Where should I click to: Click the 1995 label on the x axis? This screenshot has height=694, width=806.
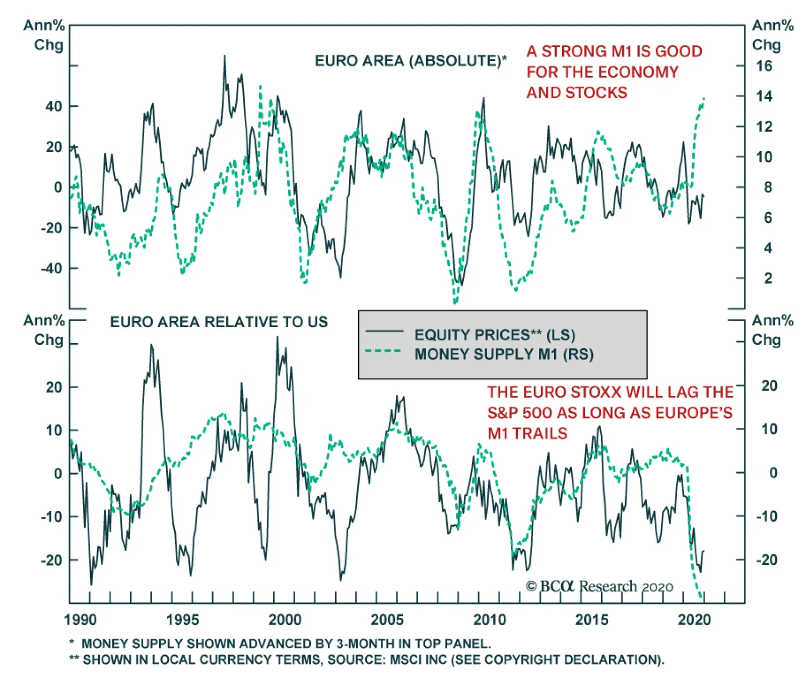(x=182, y=619)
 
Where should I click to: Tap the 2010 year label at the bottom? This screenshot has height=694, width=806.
(x=489, y=619)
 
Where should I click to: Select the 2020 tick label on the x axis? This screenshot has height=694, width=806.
(x=694, y=619)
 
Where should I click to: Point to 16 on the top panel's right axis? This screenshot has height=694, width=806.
(x=764, y=66)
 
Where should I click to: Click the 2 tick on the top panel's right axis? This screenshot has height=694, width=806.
(x=768, y=278)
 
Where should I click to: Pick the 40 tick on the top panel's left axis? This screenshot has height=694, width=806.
(x=53, y=106)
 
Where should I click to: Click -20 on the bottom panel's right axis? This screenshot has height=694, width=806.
(x=766, y=559)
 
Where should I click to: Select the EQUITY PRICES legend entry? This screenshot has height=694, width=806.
(x=494, y=335)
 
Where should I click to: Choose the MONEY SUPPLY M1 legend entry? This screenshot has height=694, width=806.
(x=504, y=354)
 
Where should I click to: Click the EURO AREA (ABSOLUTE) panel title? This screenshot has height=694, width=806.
(x=411, y=61)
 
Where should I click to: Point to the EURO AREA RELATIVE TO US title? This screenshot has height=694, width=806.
(x=219, y=322)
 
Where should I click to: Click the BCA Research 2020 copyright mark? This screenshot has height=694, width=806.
(x=599, y=587)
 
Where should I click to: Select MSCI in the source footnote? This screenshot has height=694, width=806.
(x=406, y=660)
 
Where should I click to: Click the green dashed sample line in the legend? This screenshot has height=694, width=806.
(x=383, y=351)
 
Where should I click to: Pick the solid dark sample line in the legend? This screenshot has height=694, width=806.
(x=384, y=332)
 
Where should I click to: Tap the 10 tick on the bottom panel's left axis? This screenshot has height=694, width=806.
(x=54, y=430)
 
